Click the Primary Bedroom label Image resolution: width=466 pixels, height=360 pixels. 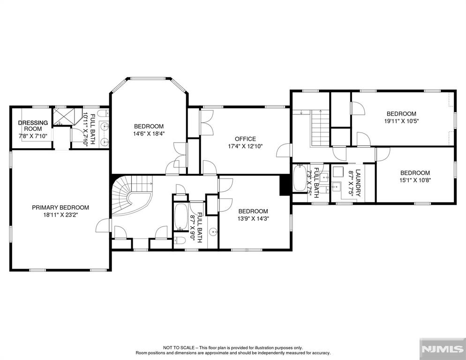[60, 208]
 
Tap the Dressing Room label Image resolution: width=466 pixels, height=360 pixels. [33, 126]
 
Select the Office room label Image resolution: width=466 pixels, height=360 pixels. [245, 139]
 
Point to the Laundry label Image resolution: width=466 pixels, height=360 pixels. [358, 183]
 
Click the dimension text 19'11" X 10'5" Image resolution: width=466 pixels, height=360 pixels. [401, 121]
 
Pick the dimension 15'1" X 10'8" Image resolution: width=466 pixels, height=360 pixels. [415, 180]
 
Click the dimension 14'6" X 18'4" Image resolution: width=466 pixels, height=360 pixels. [149, 134]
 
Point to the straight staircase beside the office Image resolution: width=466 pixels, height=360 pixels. [320, 128]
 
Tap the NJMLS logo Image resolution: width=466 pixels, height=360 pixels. [443, 349]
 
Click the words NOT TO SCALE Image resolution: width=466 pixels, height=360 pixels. [179, 347]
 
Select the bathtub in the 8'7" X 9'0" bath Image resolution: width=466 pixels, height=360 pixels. [180, 217]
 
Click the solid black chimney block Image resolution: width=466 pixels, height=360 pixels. [285, 185]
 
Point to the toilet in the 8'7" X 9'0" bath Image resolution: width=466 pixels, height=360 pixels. [180, 240]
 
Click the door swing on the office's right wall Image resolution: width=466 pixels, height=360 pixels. [284, 150]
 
